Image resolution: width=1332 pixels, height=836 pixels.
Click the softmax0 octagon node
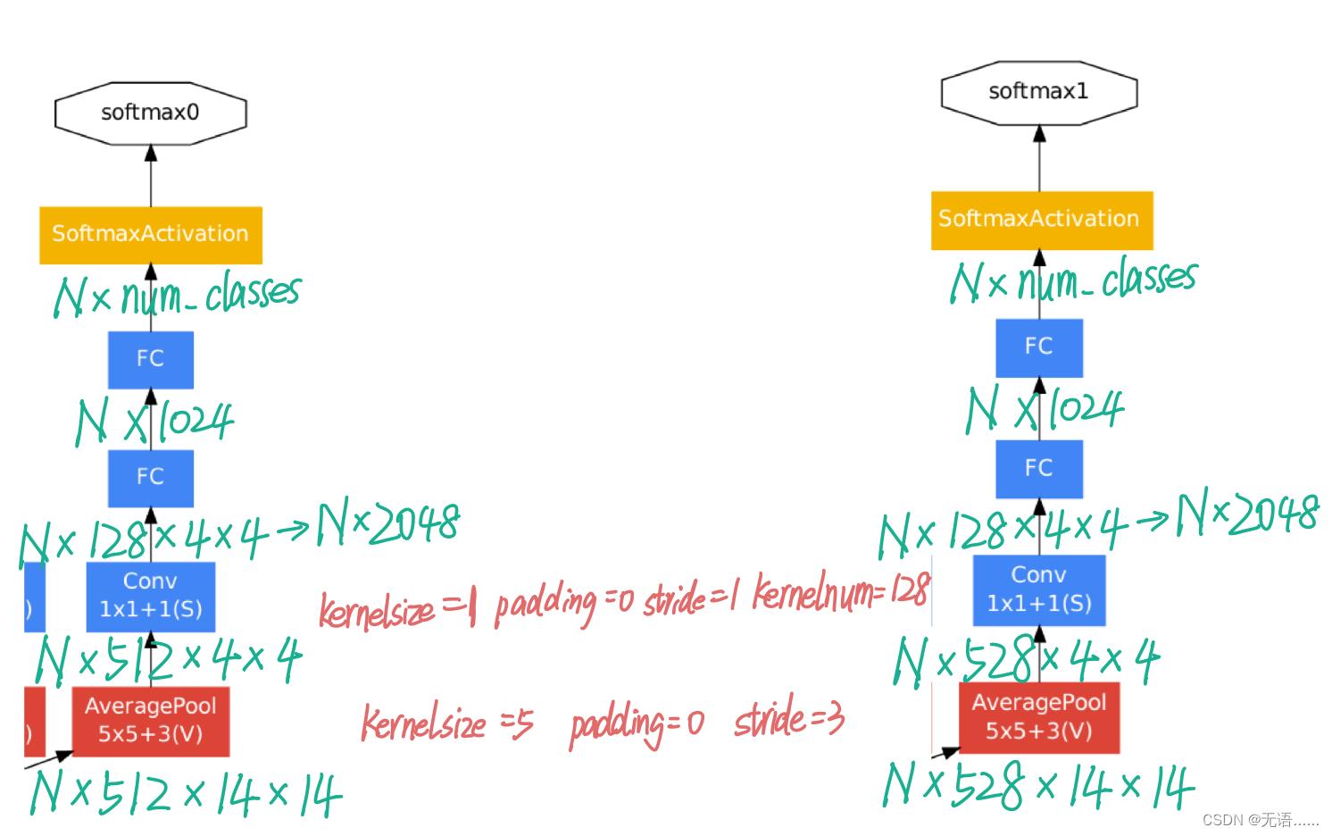(150, 113)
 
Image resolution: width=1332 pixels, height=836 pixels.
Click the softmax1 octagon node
(1038, 92)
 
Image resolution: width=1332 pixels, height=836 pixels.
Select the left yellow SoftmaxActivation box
(150, 235)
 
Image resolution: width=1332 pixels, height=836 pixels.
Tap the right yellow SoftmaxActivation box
(1041, 220)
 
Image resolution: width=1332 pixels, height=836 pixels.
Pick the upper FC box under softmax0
(150, 359)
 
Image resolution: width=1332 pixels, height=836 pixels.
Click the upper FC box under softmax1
(1038, 347)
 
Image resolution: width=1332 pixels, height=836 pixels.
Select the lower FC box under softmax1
(1038, 468)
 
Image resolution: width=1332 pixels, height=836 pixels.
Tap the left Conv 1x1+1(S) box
(150, 596)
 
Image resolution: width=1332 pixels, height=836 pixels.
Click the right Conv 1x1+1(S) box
(1038, 589)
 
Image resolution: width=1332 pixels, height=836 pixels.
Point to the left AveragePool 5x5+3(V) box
(150, 721)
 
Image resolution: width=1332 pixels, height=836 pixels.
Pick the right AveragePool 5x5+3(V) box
(1038, 717)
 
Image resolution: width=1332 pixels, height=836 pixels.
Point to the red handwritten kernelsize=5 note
(446, 723)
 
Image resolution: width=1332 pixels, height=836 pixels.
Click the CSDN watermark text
(1260, 820)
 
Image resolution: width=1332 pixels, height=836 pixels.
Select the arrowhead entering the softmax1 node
(1039, 134)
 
